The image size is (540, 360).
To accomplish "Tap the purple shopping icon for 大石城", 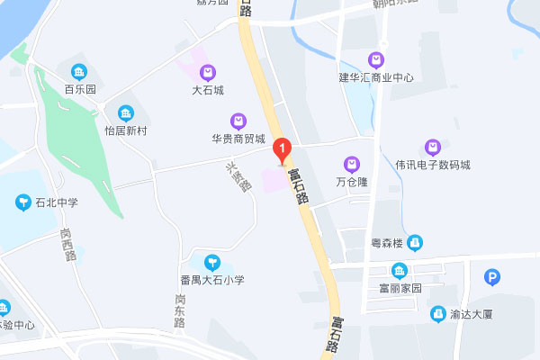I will pyautogui.click(x=207, y=72).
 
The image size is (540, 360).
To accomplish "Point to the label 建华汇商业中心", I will pyautogui.click(x=376, y=77).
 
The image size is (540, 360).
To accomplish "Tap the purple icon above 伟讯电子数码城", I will pyautogui.click(x=432, y=147).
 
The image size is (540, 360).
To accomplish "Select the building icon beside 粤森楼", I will pyautogui.click(x=413, y=242).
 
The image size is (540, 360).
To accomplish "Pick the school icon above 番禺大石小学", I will pyautogui.click(x=211, y=263).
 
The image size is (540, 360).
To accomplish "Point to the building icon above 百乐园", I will pyautogui.click(x=79, y=71).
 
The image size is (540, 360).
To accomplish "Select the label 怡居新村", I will pyautogui.click(x=125, y=130).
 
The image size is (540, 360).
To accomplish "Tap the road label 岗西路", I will pyautogui.click(x=66, y=243).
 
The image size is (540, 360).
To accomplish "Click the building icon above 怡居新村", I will pyautogui.click(x=125, y=113).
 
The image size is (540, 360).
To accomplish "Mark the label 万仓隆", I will pyautogui.click(x=352, y=181).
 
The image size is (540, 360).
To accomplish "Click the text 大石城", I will pyautogui.click(x=207, y=90).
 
